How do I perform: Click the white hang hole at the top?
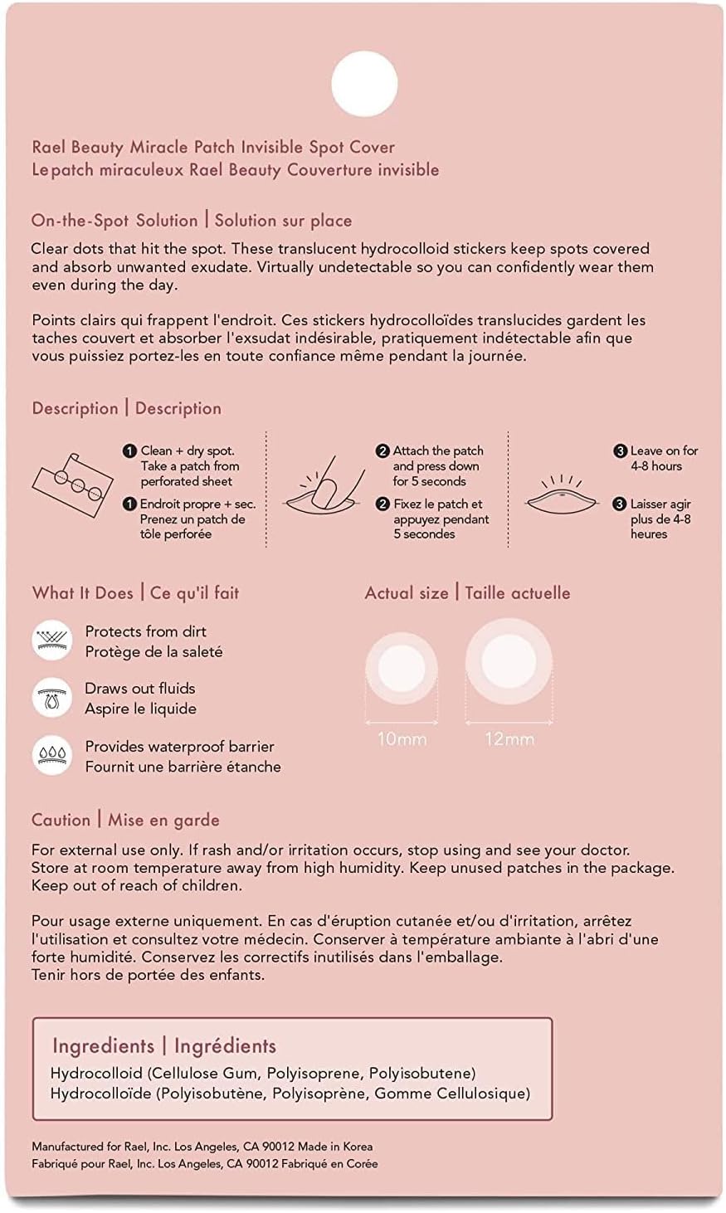pyautogui.click(x=364, y=84)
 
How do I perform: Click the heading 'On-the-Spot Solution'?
pyautogui.click(x=115, y=221)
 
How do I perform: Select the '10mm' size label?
pyautogui.click(x=402, y=738)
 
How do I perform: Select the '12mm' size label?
pyautogui.click(x=509, y=738)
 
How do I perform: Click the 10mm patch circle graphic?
pyautogui.click(x=402, y=669)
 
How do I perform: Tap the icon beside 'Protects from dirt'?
pyautogui.click(x=52, y=641)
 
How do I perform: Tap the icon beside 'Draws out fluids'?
pyautogui.click(x=52, y=698)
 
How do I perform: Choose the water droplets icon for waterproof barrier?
pyautogui.click(x=52, y=755)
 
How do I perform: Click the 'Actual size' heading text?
pyautogui.click(x=407, y=593)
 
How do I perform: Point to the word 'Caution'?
pyautogui.click(x=61, y=820)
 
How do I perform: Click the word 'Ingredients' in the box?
pyautogui.click(x=104, y=1046)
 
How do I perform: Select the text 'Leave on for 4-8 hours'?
pyautogui.click(x=663, y=458)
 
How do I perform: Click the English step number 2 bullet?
pyautogui.click(x=382, y=451)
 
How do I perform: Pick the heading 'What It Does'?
pyautogui.click(x=83, y=593)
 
